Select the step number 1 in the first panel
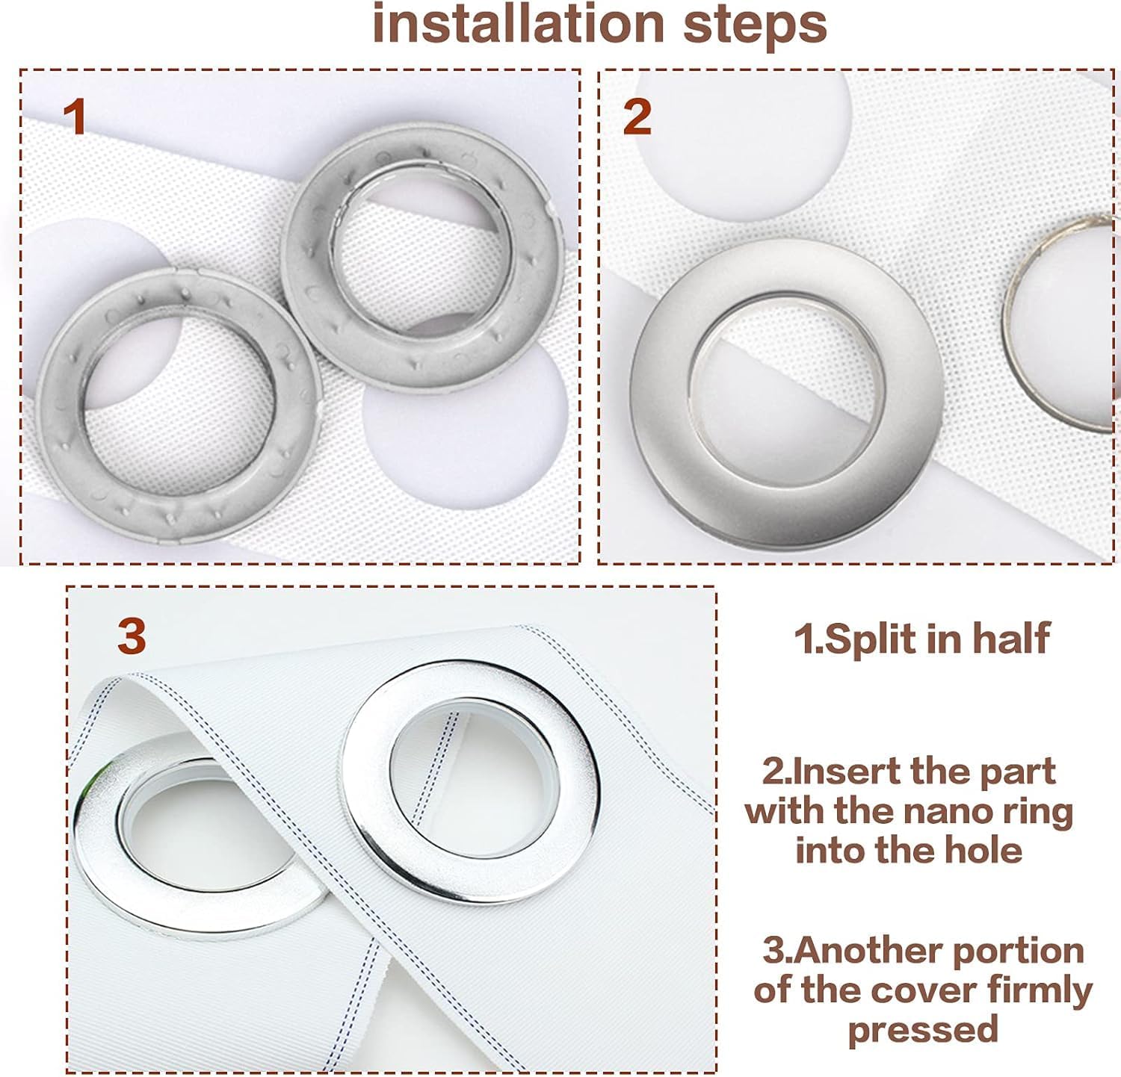(75, 118)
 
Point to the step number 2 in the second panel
(637, 118)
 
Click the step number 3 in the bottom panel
(132, 636)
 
